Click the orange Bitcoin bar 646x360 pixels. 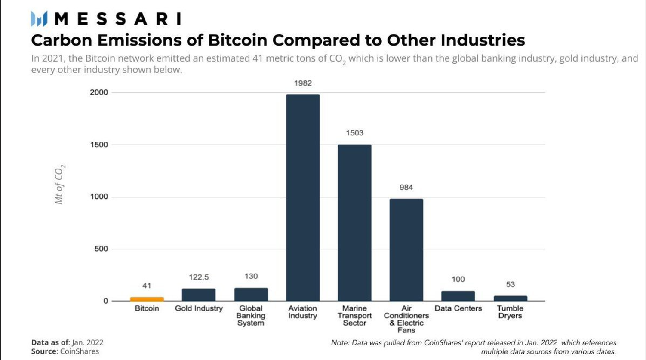click(x=147, y=299)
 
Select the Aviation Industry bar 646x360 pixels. click(x=303, y=198)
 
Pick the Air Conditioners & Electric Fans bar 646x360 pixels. click(x=406, y=250)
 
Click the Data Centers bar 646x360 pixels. click(x=458, y=296)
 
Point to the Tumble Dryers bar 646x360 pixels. click(x=510, y=298)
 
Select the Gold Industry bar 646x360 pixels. click(x=199, y=295)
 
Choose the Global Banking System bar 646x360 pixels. click(x=251, y=294)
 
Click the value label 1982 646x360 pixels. click(x=303, y=83)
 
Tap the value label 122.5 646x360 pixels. click(x=199, y=277)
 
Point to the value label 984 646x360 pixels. click(x=406, y=188)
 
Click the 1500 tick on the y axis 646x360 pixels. click(x=99, y=145)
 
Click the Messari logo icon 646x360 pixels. click(x=40, y=19)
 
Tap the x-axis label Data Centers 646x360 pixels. click(x=458, y=308)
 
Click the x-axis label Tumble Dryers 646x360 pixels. click(x=510, y=312)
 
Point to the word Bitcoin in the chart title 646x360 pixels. click(x=238, y=40)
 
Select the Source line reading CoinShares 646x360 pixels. click(x=65, y=351)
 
